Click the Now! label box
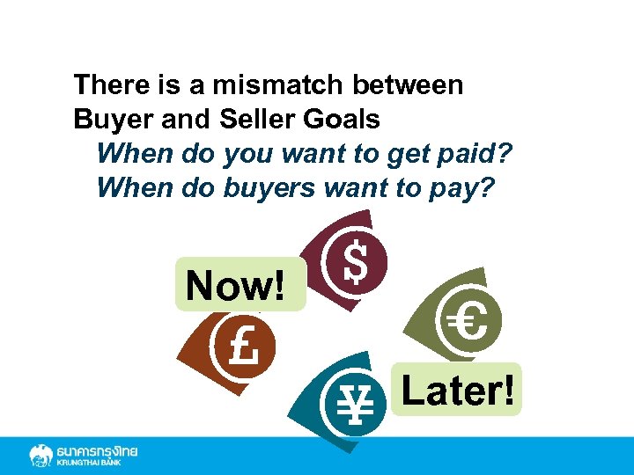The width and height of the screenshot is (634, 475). [240, 284]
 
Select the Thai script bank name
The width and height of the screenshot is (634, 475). [97, 450]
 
